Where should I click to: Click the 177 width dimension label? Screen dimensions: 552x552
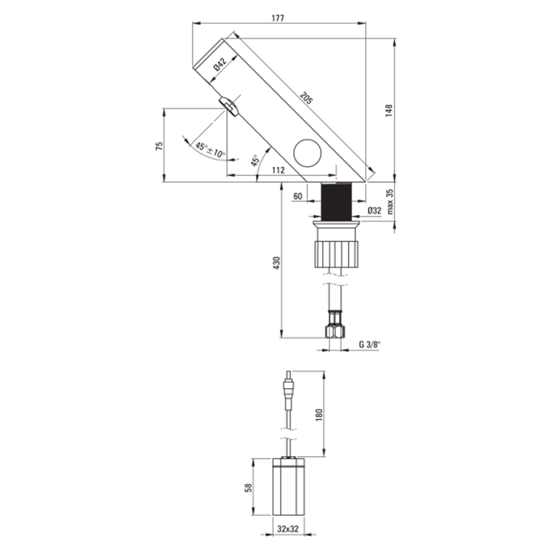click(278, 18)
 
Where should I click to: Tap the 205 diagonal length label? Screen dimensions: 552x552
click(307, 98)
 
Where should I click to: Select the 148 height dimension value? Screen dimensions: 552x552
click(389, 110)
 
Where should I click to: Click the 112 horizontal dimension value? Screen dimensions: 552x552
click(278, 170)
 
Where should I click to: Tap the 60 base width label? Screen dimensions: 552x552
click(298, 196)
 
